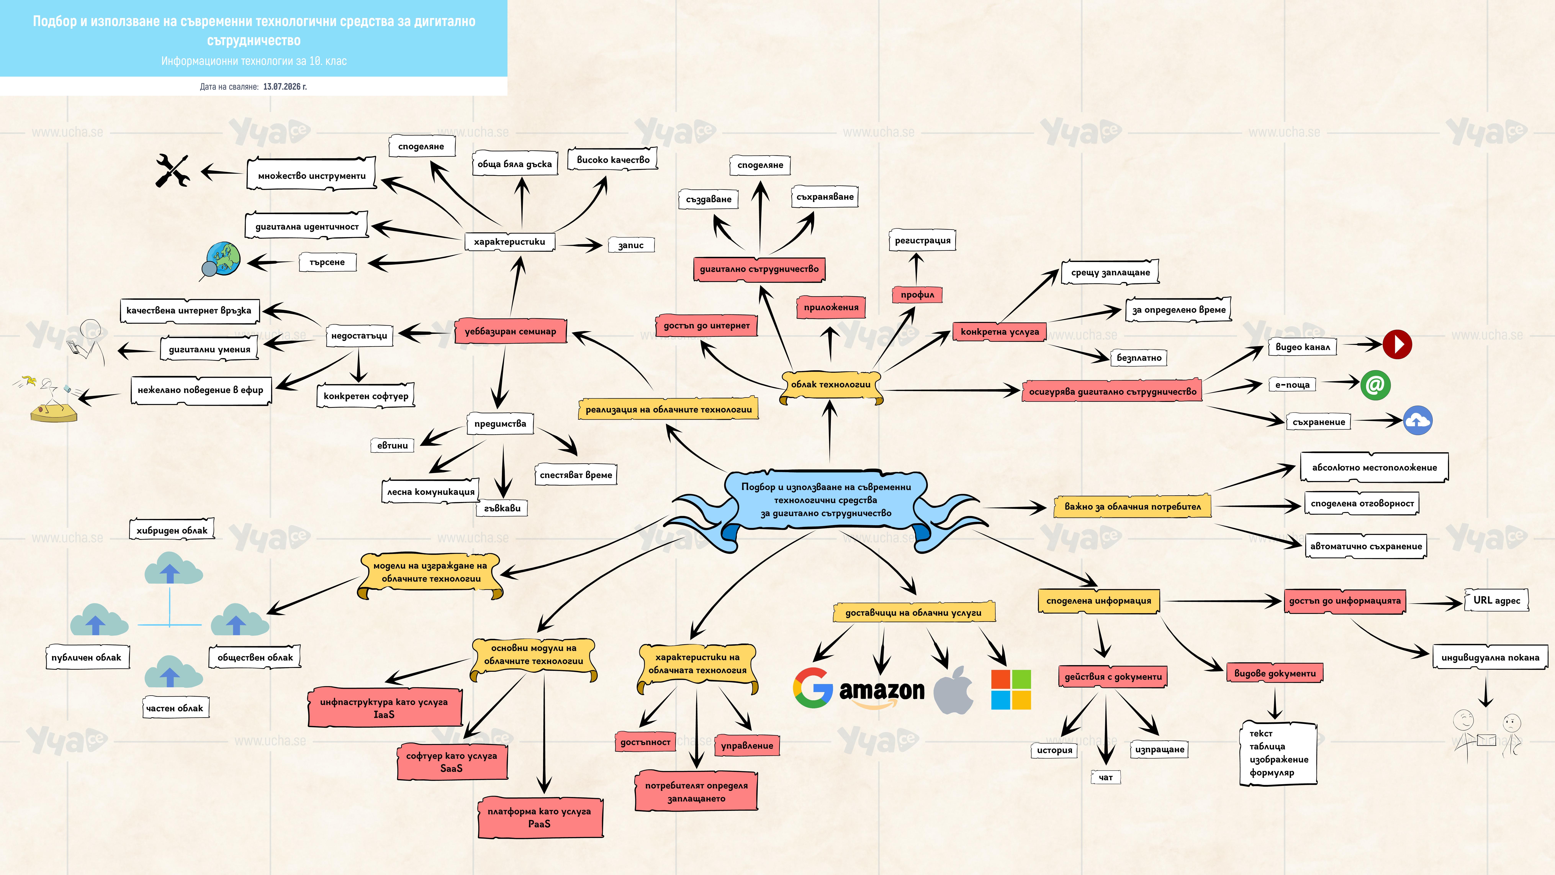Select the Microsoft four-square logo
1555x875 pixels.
pos(1011,689)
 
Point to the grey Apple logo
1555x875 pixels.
pos(954,690)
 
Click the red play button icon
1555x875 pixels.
pos(1397,344)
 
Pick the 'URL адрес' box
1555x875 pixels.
pos(1496,600)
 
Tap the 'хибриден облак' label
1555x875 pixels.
pos(172,530)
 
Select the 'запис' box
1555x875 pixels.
pos(631,245)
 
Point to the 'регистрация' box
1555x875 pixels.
pos(922,240)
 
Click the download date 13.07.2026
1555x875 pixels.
pos(285,86)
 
